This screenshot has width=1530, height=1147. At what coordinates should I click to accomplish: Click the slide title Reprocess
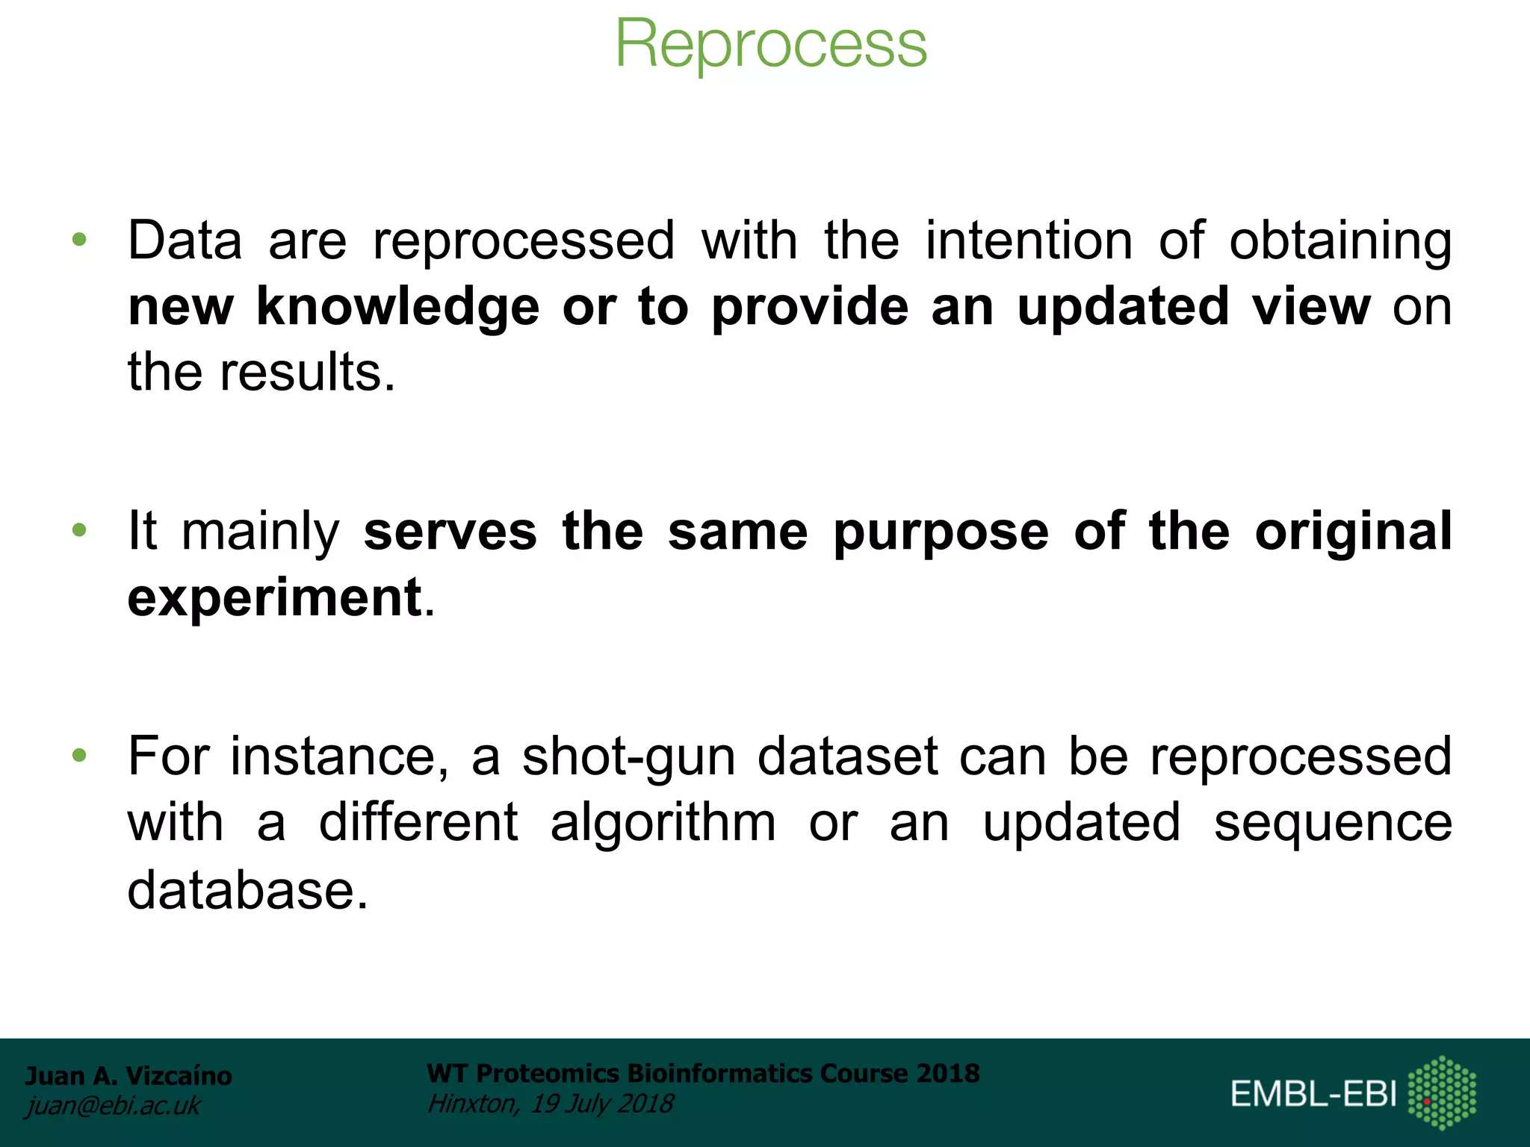(x=770, y=45)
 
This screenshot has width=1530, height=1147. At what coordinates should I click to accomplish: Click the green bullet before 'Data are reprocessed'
(x=79, y=240)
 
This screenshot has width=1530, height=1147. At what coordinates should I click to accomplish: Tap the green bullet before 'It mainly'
(x=79, y=530)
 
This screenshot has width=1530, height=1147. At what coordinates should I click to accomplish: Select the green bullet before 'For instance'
(x=79, y=756)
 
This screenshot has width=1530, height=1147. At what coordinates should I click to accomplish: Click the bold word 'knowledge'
(x=397, y=308)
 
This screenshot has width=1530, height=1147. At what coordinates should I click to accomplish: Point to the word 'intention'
(x=1029, y=240)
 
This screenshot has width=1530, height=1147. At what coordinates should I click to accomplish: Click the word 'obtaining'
(x=1340, y=242)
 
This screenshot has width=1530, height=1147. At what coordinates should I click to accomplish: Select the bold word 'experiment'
(x=274, y=597)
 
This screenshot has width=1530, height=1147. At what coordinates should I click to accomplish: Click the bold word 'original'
(x=1353, y=532)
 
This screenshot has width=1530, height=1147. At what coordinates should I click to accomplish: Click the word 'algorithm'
(x=663, y=824)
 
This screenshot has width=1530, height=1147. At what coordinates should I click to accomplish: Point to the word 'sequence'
(x=1332, y=824)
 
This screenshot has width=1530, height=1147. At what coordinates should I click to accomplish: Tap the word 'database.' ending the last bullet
(x=247, y=889)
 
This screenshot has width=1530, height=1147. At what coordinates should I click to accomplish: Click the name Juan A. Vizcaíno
(x=128, y=1075)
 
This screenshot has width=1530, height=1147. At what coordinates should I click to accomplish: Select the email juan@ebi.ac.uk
(x=113, y=1105)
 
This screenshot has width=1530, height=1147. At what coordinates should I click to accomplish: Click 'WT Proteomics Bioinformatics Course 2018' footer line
(x=702, y=1073)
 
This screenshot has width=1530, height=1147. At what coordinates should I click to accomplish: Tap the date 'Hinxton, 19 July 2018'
(x=550, y=1103)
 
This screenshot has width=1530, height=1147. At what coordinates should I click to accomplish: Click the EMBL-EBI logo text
(x=1313, y=1094)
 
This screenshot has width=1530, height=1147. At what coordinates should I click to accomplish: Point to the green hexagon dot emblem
(x=1442, y=1092)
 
